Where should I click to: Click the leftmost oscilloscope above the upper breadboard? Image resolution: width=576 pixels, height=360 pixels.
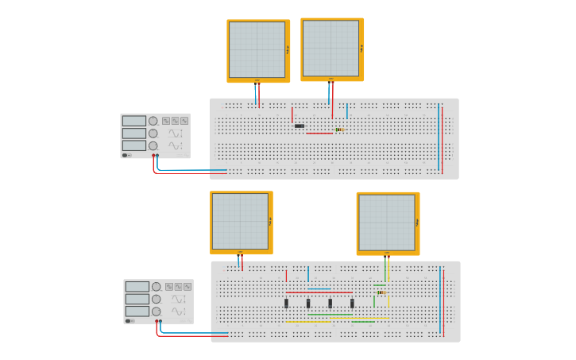pyautogui.click(x=257, y=50)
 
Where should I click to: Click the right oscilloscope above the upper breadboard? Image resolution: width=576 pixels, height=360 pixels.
pyautogui.click(x=331, y=48)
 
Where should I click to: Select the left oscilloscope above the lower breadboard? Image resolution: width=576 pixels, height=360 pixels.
pyautogui.click(x=241, y=222)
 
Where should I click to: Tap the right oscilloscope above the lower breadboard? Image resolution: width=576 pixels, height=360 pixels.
pyautogui.click(x=387, y=223)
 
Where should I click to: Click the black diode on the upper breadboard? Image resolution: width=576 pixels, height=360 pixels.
pyautogui.click(x=300, y=126)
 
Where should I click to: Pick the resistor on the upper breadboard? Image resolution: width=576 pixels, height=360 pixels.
pyautogui.click(x=340, y=130)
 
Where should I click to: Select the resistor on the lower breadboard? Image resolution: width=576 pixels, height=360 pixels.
pyautogui.click(x=382, y=292)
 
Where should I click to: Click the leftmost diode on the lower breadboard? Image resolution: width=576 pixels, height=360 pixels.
pyautogui.click(x=287, y=303)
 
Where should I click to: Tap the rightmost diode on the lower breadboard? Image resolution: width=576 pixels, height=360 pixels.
pyautogui.click(x=352, y=303)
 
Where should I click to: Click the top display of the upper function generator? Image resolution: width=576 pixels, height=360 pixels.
pyautogui.click(x=134, y=121)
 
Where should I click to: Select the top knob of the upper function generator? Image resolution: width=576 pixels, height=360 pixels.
pyautogui.click(x=153, y=121)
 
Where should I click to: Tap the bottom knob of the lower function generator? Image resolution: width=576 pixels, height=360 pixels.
pyautogui.click(x=157, y=312)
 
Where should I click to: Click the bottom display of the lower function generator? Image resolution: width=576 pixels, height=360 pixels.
pyautogui.click(x=137, y=312)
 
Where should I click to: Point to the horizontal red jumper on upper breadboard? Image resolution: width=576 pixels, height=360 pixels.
pyautogui.click(x=319, y=134)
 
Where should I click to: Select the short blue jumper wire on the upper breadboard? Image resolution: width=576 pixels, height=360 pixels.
pyautogui.click(x=346, y=110)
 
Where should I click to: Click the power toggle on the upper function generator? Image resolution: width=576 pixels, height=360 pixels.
pyautogui.click(x=126, y=155)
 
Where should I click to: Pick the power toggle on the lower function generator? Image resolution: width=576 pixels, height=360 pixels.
pyautogui.click(x=129, y=321)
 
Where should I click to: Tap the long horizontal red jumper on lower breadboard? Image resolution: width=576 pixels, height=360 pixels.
pyautogui.click(x=319, y=292)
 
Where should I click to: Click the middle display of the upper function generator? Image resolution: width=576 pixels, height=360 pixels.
pyautogui.click(x=134, y=134)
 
